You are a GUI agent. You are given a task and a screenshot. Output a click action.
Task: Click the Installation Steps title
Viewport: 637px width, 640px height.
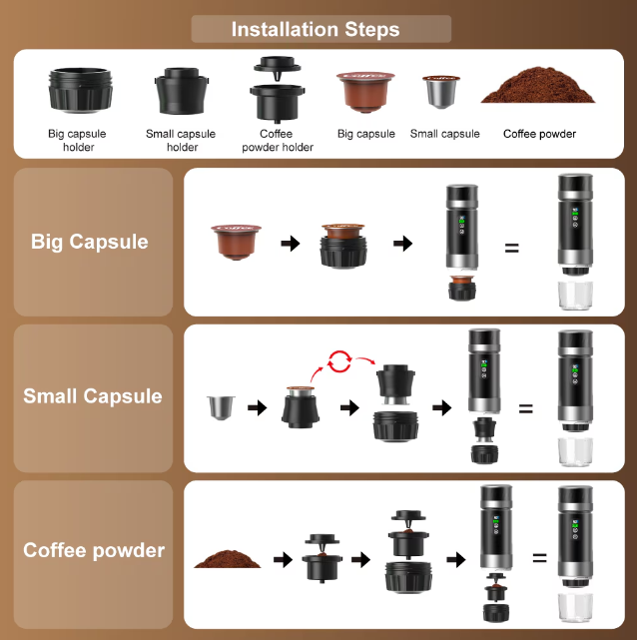(x=316, y=29)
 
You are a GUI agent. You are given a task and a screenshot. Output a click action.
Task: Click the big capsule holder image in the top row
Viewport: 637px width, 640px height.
(x=81, y=90)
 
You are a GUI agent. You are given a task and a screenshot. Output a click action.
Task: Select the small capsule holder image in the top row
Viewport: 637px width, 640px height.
(x=182, y=91)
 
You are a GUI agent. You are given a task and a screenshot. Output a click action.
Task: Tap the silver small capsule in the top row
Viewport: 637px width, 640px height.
(x=441, y=92)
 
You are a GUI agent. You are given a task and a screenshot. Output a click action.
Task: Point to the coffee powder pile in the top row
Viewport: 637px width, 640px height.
(x=538, y=85)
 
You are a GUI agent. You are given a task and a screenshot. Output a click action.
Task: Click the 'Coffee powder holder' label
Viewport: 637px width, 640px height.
(x=278, y=141)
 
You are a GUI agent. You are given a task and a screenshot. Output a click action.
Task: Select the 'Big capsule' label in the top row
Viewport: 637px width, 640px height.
(x=366, y=134)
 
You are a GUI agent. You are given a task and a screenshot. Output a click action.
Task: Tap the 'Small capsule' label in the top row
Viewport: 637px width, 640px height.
(x=444, y=134)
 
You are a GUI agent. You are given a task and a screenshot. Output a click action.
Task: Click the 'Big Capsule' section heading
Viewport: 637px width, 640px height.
(x=90, y=242)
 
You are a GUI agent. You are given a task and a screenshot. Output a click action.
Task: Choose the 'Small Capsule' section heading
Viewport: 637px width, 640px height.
(x=93, y=396)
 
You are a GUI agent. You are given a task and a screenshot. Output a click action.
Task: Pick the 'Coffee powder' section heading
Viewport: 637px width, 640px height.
(x=94, y=550)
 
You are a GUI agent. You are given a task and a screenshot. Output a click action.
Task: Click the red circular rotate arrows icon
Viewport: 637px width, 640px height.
(x=339, y=361)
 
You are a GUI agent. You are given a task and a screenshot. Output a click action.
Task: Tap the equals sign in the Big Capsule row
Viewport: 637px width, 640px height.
(x=512, y=248)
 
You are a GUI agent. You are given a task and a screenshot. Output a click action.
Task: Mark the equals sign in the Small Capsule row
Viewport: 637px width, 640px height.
(x=526, y=408)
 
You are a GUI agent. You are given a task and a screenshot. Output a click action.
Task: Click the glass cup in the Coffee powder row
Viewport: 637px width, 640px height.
(x=575, y=607)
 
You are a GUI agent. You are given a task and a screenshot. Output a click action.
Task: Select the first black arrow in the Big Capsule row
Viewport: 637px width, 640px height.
(x=291, y=244)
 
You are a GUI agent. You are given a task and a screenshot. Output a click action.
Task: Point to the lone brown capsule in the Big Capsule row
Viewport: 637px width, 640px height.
(x=237, y=242)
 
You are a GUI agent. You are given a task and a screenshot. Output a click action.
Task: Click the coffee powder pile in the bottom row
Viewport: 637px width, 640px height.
(x=227, y=559)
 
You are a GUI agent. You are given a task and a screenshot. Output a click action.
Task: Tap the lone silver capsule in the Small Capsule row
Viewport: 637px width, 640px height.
(x=221, y=407)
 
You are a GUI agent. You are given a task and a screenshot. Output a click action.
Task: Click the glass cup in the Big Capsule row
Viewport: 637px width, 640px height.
(x=575, y=296)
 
